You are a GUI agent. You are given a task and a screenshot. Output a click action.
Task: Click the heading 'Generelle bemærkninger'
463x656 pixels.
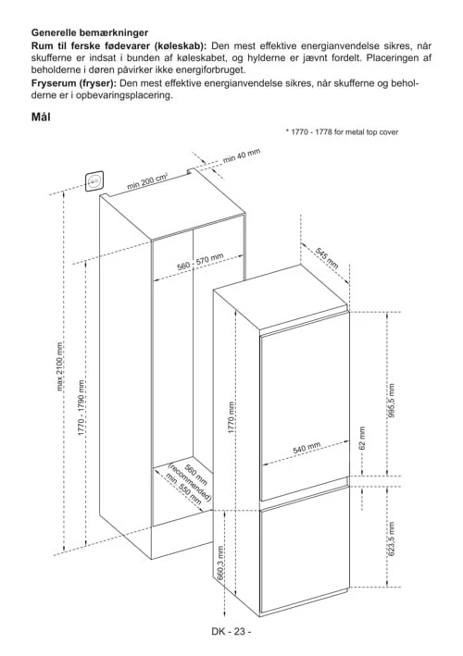[x=90, y=32]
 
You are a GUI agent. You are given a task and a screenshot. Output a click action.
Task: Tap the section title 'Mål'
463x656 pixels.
[x=41, y=117]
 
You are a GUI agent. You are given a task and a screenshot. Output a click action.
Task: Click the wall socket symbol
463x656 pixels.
[x=94, y=181]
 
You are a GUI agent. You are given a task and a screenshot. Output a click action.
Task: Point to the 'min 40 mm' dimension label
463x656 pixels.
[x=242, y=155]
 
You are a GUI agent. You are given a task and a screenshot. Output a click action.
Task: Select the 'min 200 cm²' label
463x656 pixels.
[x=147, y=181]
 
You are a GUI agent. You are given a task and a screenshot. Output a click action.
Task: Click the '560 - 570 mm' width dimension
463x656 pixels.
[x=200, y=262]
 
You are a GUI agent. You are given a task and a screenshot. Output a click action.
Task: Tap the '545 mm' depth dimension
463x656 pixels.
[x=327, y=258]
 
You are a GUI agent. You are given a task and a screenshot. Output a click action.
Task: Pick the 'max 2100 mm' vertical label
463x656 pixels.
[x=59, y=366]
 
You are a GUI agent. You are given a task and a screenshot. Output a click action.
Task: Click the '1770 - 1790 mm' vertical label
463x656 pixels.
[x=82, y=406]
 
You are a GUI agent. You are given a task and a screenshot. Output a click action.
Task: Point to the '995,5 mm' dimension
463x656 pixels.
[x=391, y=401]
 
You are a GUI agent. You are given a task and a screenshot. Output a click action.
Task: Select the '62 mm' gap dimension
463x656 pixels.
[x=363, y=438]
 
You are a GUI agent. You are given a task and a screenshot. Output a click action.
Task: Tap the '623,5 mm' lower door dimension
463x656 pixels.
[x=392, y=538]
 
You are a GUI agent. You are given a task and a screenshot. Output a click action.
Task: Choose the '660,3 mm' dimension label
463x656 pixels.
[x=220, y=563]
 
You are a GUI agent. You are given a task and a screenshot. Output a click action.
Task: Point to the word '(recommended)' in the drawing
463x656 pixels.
[x=190, y=482]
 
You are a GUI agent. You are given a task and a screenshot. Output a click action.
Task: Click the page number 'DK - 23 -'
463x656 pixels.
[x=231, y=631]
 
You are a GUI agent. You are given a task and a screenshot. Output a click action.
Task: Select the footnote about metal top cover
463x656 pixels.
[x=342, y=131]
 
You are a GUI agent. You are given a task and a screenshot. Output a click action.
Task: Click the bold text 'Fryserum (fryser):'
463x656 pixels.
[x=74, y=83]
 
